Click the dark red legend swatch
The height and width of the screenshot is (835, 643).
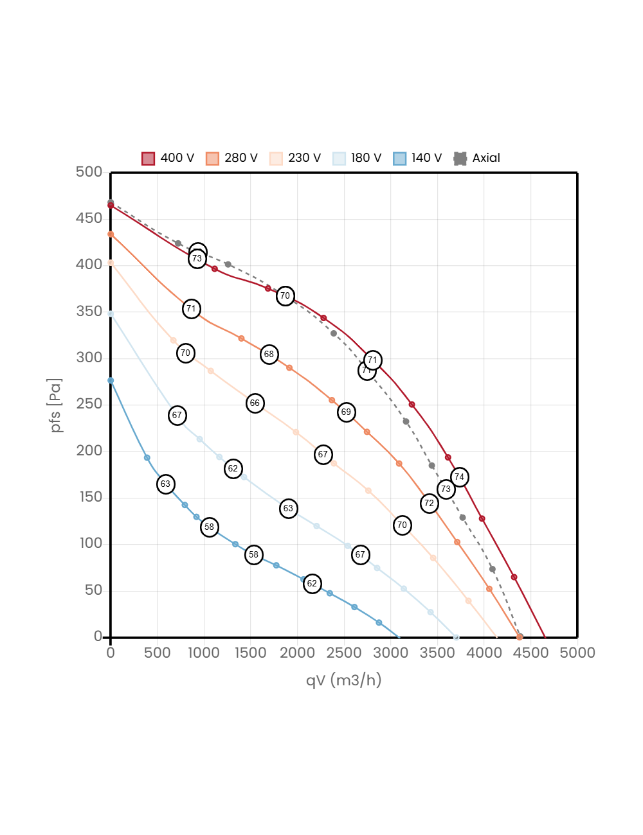click(148, 159)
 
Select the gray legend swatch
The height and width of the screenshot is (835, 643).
click(460, 159)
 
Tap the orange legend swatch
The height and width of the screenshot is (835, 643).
click(212, 159)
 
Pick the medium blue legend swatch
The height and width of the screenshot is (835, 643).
click(400, 159)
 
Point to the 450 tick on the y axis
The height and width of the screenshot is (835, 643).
click(89, 218)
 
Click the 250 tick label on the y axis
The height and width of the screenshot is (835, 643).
click(89, 403)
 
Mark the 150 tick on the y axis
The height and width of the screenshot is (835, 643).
click(89, 497)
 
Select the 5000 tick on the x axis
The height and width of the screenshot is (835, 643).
click(577, 653)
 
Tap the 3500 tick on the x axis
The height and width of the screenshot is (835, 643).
click(437, 653)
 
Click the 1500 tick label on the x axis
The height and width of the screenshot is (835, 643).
click(250, 653)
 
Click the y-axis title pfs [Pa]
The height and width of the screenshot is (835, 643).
click(57, 405)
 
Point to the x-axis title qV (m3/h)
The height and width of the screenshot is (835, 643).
click(343, 680)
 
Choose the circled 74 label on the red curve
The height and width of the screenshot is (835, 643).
click(459, 477)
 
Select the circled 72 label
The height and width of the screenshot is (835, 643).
click(430, 504)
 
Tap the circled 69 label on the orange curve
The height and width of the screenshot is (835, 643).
click(347, 412)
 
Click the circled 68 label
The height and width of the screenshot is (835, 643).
click(269, 354)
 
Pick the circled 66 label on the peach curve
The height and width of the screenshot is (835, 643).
click(255, 403)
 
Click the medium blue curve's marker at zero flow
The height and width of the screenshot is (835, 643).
click(111, 380)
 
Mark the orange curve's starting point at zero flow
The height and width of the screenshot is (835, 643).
click(111, 234)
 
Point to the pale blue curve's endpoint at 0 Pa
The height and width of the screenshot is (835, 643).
click(456, 637)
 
